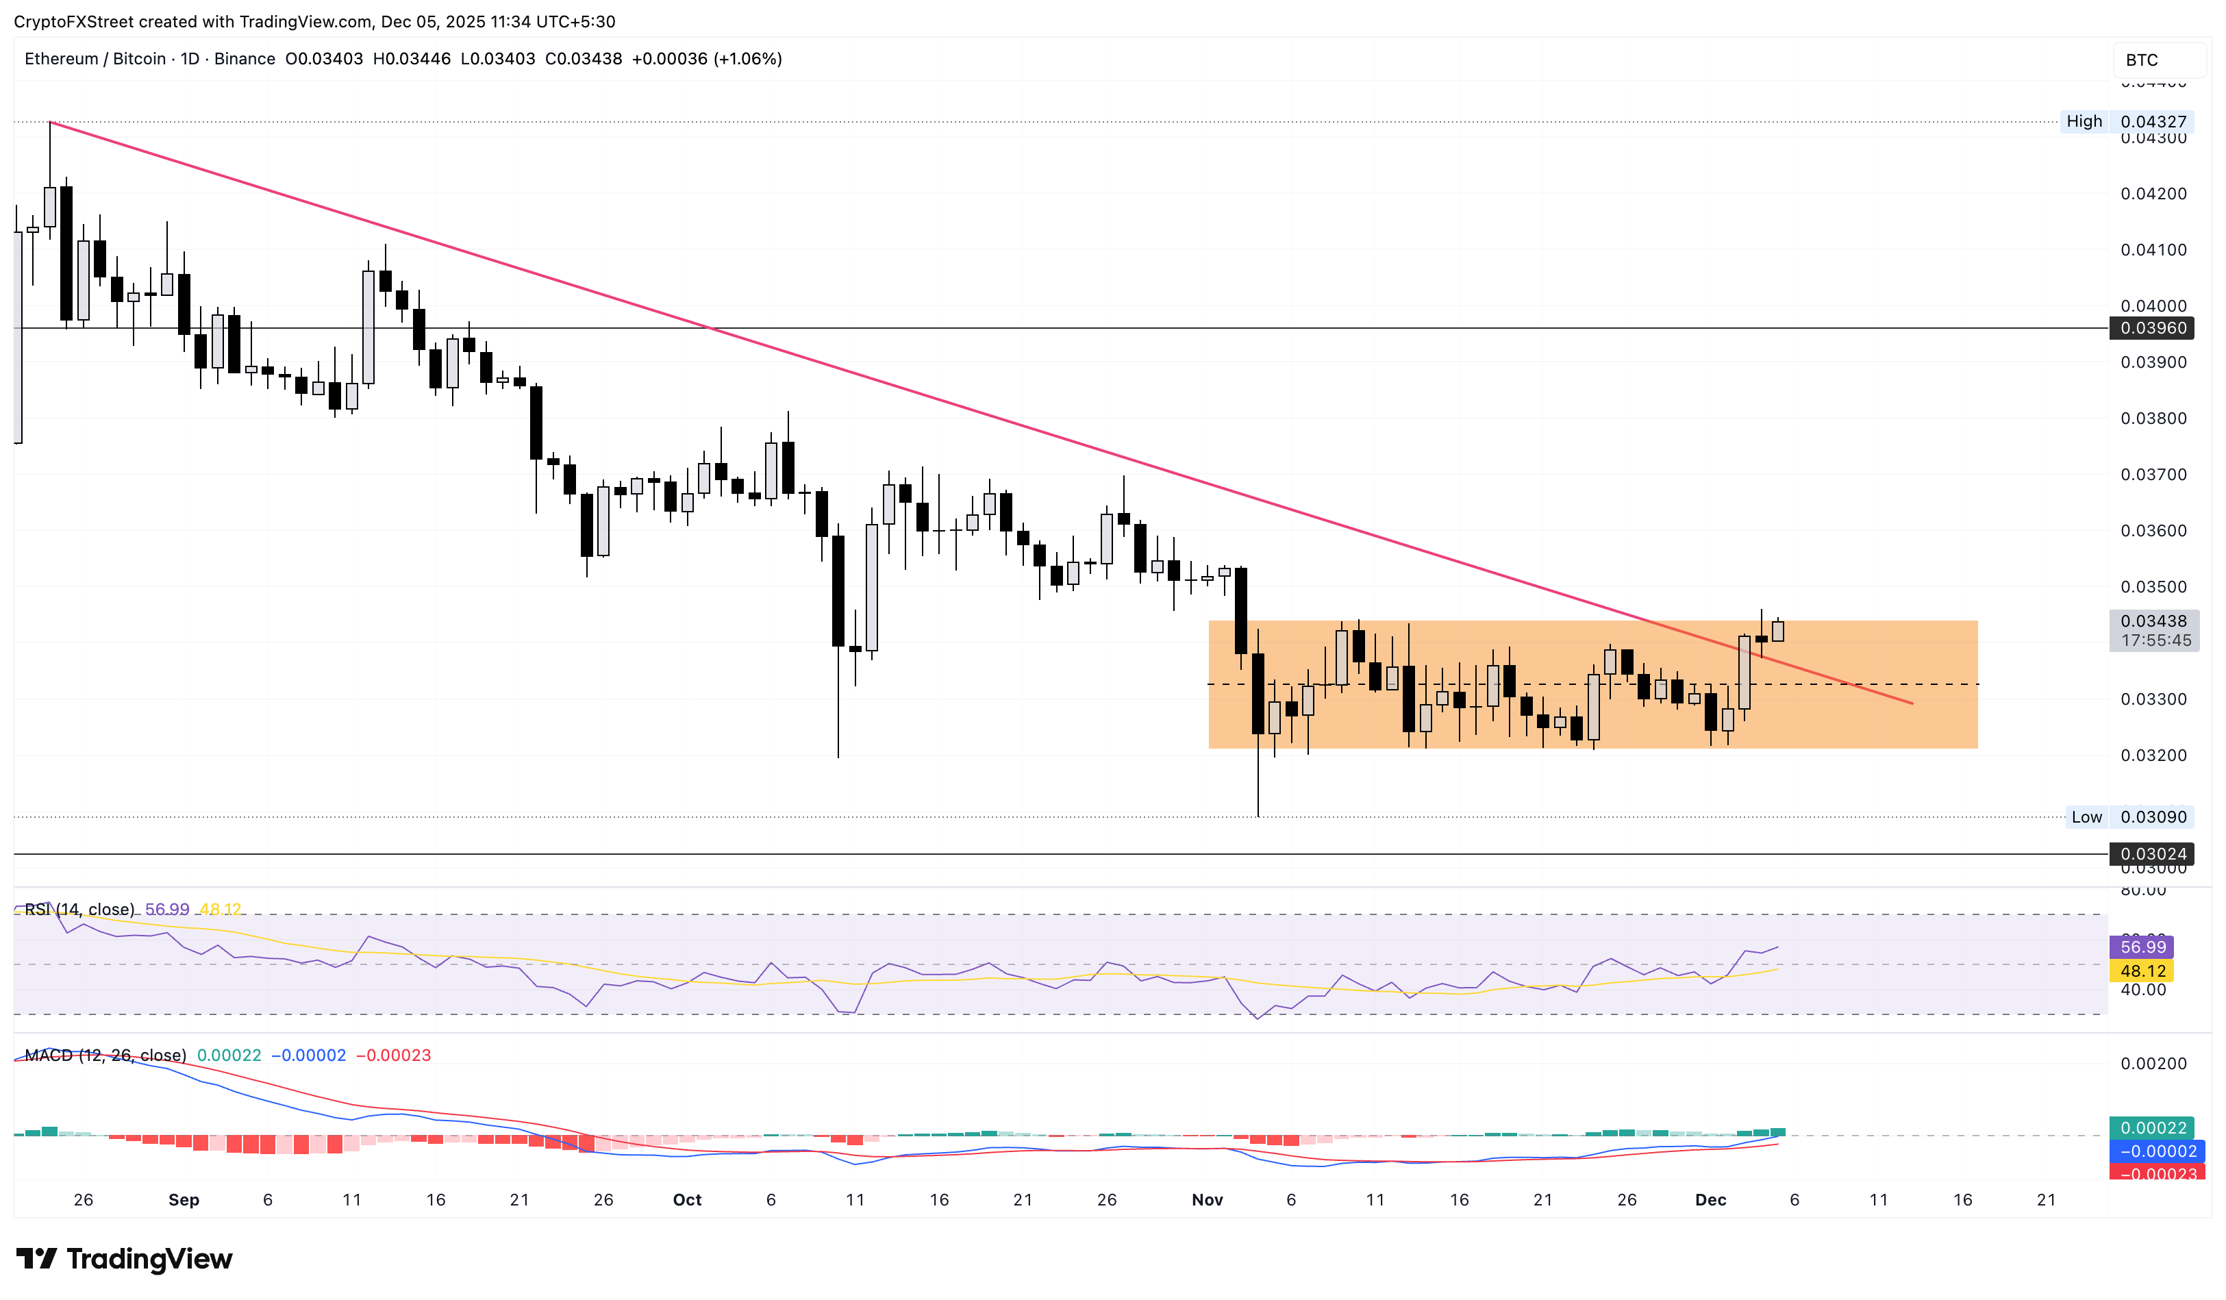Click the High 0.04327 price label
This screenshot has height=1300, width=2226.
click(x=2126, y=122)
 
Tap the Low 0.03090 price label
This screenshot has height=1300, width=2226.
click(x=2128, y=817)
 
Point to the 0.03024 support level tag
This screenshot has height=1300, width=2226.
click(x=2153, y=854)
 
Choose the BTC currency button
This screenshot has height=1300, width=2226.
click(x=2141, y=60)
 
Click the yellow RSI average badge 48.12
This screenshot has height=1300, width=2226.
click(x=2142, y=971)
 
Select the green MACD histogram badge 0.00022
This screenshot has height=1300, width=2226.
click(x=2153, y=1129)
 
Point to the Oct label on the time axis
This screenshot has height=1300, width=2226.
click(x=686, y=1200)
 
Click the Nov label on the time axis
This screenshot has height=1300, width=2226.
click(x=1207, y=1200)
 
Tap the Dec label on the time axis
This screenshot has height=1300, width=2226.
click(x=1710, y=1200)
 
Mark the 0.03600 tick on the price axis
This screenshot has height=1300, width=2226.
click(x=2153, y=531)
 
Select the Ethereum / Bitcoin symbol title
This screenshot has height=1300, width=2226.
click(x=95, y=59)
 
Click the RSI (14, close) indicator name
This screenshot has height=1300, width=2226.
click(x=79, y=910)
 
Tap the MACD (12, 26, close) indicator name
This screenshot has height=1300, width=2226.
click(x=105, y=1055)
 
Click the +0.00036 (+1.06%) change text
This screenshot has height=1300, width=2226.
click(x=707, y=59)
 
